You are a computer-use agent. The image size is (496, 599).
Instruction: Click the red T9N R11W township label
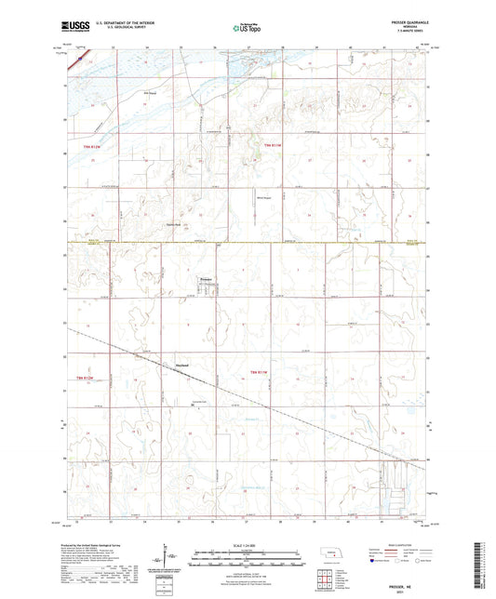[x=271, y=146]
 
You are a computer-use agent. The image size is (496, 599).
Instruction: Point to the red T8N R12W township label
[x=85, y=378]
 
